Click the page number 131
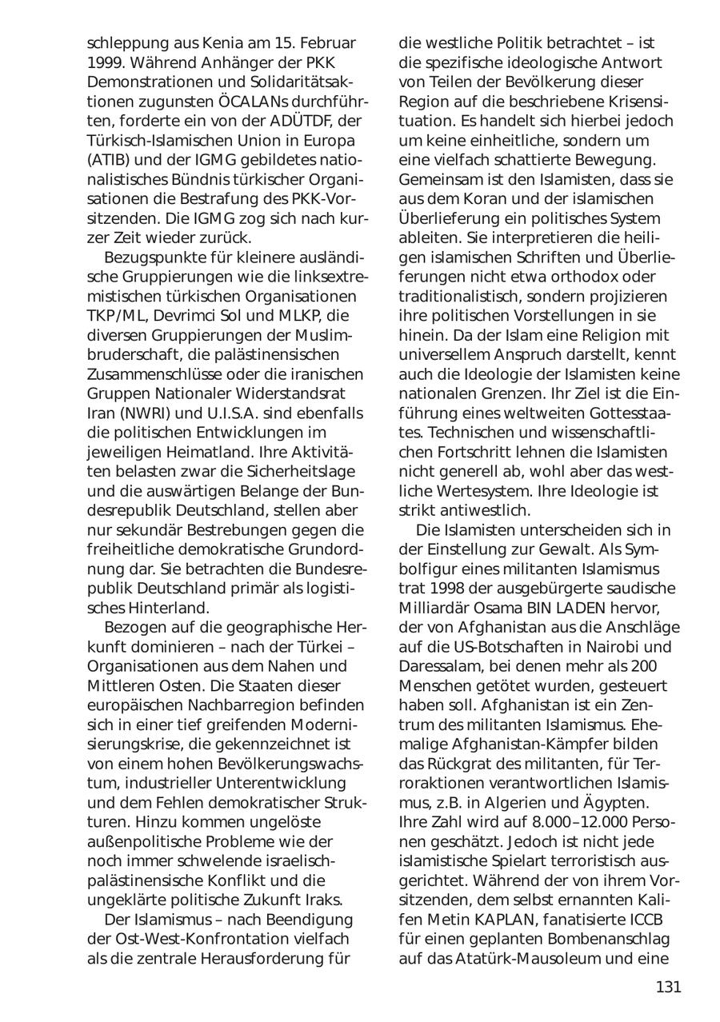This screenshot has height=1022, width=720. pyautogui.click(x=668, y=987)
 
